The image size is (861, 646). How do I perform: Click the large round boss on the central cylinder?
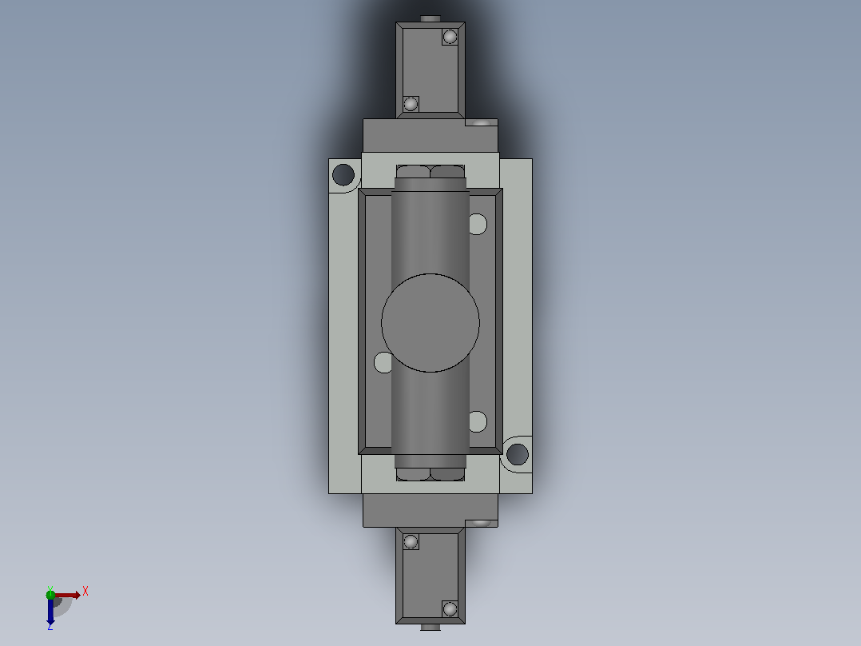(x=430, y=323)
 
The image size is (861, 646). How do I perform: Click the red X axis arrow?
(x=67, y=595)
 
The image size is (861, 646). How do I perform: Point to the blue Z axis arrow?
(x=50, y=610)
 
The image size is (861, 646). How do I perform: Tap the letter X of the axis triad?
(x=85, y=592)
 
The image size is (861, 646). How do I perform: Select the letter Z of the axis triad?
(x=50, y=626)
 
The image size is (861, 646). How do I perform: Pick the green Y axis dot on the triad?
(x=50, y=594)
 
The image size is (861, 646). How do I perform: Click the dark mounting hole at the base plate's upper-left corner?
(x=343, y=175)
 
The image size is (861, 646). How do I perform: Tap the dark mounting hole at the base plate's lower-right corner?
(x=518, y=455)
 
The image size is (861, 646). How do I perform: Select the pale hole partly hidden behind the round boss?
(x=383, y=362)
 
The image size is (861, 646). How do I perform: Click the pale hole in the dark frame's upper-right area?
(x=478, y=225)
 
